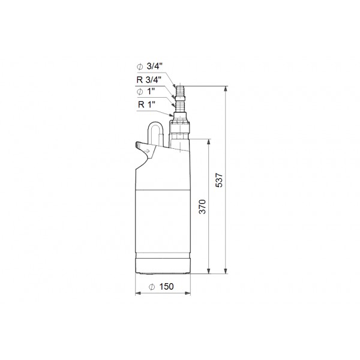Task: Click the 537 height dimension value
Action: click(x=219, y=180)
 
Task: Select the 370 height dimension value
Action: click(x=202, y=207)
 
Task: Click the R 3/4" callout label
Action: click(x=149, y=80)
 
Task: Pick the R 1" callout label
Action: click(x=146, y=104)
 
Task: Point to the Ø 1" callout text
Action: click(x=146, y=92)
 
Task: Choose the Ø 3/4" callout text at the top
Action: click(x=149, y=67)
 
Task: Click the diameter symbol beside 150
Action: click(x=152, y=287)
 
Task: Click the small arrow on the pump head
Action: click(x=146, y=151)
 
